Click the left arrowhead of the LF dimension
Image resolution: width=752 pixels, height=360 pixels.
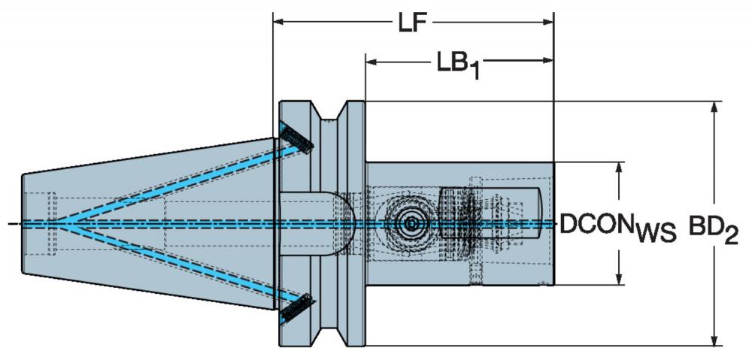[x=279, y=22]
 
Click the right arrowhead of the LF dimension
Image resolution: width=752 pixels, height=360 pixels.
[x=547, y=22]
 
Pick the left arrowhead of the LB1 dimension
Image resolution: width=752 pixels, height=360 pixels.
[x=372, y=61]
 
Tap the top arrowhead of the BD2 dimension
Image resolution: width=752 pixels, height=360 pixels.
[x=714, y=108]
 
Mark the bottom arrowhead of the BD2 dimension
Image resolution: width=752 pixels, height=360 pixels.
[x=714, y=339]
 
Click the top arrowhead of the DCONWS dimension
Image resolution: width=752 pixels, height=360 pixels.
[x=620, y=168]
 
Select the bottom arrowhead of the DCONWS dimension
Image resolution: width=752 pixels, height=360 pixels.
[x=620, y=279]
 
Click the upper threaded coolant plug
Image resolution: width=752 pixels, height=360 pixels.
[x=296, y=138]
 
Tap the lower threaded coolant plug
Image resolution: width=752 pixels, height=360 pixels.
[x=296, y=309]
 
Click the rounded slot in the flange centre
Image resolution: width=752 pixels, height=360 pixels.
[x=317, y=223]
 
